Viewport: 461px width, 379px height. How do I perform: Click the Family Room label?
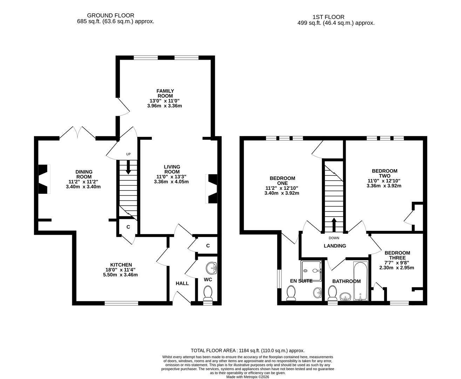tap(165, 93)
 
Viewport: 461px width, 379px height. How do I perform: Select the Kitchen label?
tap(121, 265)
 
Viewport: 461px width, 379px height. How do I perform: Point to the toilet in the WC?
tap(208, 293)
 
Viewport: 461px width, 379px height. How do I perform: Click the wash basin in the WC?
tap(212, 269)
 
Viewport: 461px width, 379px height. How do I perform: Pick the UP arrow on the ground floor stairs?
tap(128, 167)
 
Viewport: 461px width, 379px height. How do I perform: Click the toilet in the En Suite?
tap(291, 293)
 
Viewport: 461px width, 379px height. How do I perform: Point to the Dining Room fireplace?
tap(43, 179)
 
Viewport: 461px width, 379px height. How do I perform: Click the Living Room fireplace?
tap(212, 189)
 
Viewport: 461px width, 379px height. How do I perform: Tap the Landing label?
tap(334, 246)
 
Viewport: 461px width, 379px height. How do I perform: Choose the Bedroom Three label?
tap(397, 255)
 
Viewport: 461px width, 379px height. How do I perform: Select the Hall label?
tap(182, 283)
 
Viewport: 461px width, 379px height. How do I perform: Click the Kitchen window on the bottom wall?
tap(121, 303)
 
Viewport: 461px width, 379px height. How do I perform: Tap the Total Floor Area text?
tap(248, 350)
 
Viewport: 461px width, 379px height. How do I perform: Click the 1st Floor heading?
tap(328, 17)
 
